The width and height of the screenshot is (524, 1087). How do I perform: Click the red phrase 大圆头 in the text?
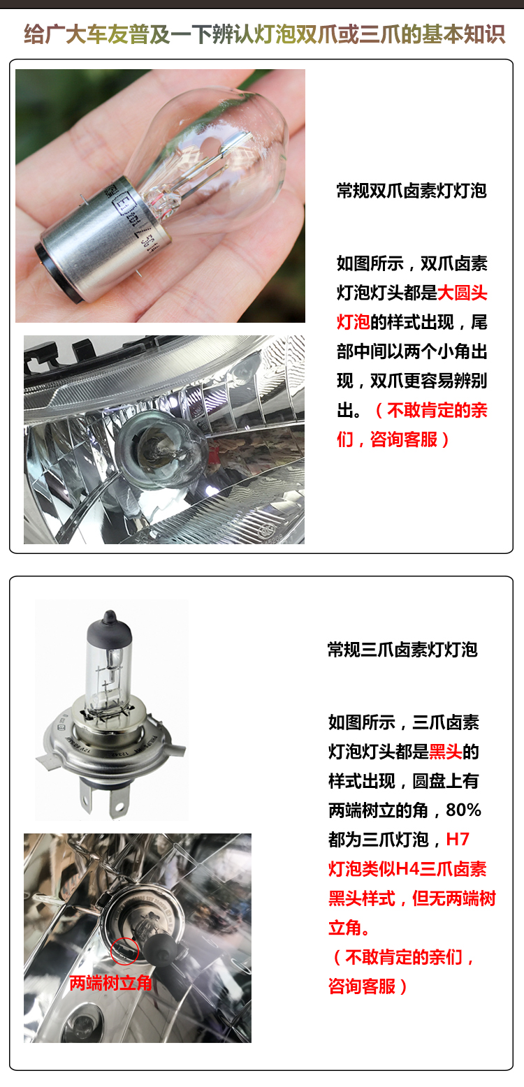click(463, 293)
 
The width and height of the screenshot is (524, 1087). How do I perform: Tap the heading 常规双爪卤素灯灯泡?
click(412, 191)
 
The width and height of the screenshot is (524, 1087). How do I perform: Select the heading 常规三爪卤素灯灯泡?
click(402, 649)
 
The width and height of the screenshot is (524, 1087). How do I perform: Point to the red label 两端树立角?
click(110, 983)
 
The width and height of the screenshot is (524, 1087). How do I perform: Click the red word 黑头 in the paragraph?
click(446, 752)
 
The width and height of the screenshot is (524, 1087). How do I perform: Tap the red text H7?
click(458, 839)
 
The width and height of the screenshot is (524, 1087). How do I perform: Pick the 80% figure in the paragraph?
click(463, 810)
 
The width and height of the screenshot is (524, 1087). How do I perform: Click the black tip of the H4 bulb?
click(109, 625)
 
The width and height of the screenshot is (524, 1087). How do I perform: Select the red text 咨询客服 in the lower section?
click(361, 986)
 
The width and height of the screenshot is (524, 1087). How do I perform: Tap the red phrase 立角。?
click(349, 927)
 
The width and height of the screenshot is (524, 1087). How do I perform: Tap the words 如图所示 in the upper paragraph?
click(370, 263)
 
